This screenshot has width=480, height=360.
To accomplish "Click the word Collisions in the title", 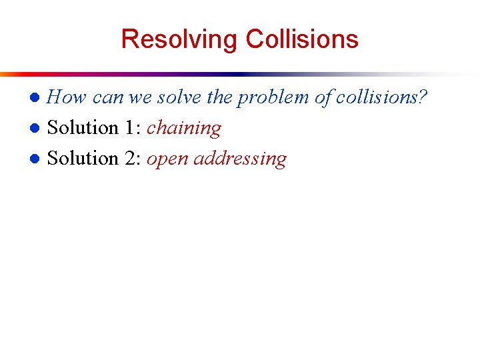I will click(302, 39).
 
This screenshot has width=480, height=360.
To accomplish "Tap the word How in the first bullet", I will click(67, 97).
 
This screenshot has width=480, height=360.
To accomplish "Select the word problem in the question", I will click(274, 97).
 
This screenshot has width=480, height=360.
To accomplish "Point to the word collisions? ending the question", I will click(381, 97).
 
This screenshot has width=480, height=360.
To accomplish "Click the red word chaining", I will click(184, 128).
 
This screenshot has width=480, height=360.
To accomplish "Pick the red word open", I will click(167, 159).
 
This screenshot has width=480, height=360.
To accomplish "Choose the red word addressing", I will click(240, 159).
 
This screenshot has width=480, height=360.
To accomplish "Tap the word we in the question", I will click(140, 97).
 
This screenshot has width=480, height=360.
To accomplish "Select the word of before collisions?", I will click(323, 97).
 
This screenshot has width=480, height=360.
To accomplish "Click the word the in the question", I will click(219, 97).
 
